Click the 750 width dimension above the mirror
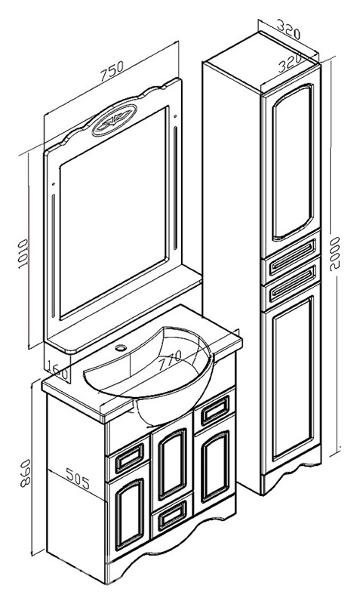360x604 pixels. coord(112,70)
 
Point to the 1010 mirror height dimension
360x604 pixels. coord(23,254)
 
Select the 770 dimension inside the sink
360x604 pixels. coord(168,359)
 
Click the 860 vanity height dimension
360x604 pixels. coord(26,473)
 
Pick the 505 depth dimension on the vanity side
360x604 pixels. coord(78,478)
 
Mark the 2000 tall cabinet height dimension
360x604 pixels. coord(334,254)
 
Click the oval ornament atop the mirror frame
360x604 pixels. coord(115,119)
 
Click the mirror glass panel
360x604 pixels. coord(114,211)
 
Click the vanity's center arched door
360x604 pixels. coord(172,464)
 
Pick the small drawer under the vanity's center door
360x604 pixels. coord(172,515)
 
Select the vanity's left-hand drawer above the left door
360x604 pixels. coord(129,458)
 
